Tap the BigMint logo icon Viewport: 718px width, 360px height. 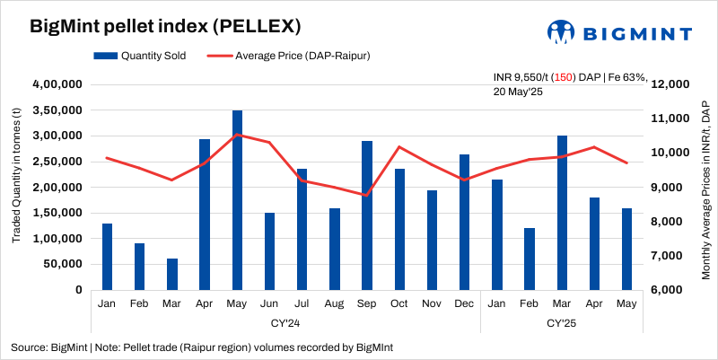pos(562,32)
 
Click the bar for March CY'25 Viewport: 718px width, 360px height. pos(562,213)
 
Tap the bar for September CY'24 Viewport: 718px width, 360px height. pos(367,215)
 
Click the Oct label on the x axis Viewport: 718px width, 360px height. pos(399,304)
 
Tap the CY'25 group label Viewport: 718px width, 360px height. pos(562,321)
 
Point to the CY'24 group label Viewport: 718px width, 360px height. pos(285,321)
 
